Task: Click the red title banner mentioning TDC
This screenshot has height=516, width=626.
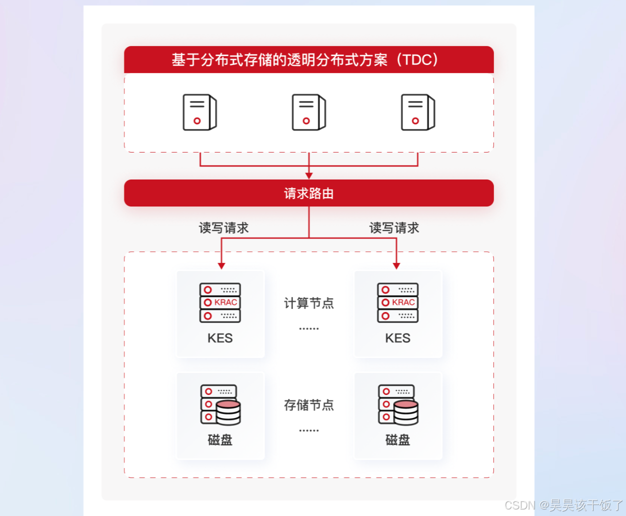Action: pos(308,60)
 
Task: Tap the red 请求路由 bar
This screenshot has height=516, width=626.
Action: pos(308,193)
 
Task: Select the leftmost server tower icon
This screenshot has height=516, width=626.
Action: pos(199,112)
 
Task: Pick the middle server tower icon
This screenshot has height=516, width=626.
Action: pos(308,112)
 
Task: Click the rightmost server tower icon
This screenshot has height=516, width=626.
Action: pos(417,112)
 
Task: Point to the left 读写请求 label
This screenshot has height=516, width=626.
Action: pos(223,228)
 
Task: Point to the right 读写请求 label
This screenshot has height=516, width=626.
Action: pos(394,228)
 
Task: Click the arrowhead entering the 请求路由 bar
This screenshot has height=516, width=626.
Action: pos(309,175)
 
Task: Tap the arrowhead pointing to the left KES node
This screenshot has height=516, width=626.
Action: pos(221,266)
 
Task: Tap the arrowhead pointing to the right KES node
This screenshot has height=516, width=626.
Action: pos(396,266)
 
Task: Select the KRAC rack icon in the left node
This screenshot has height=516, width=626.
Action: pos(220,302)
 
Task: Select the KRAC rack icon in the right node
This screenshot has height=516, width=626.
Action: pos(397,302)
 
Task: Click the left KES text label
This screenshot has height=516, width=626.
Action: pos(220,338)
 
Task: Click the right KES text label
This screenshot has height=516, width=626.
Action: pos(397,338)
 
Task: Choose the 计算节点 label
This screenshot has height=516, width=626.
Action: pos(308,303)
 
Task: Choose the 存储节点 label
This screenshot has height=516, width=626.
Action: pos(308,405)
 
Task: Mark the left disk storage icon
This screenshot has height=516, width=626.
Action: pos(220,404)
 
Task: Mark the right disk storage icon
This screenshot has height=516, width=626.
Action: pos(398,404)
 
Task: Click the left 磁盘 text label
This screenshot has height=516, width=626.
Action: pos(220,440)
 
